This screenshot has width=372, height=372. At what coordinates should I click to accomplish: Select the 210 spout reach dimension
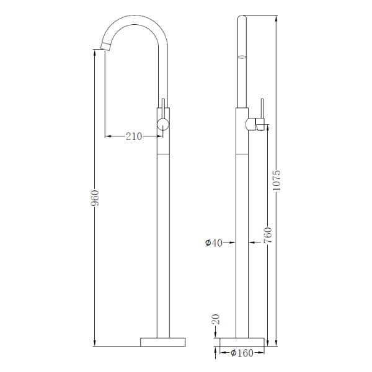134,136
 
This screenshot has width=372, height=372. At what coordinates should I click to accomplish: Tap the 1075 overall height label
277,180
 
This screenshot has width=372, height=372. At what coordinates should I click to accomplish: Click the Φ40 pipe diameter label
214,243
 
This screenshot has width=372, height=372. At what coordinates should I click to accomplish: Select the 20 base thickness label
215,320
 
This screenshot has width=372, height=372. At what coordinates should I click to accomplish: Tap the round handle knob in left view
162,124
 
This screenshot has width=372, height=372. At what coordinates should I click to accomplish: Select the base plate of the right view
242,342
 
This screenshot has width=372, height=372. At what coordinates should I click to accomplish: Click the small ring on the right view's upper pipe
242,56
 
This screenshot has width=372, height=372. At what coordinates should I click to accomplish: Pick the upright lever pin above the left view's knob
162,105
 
